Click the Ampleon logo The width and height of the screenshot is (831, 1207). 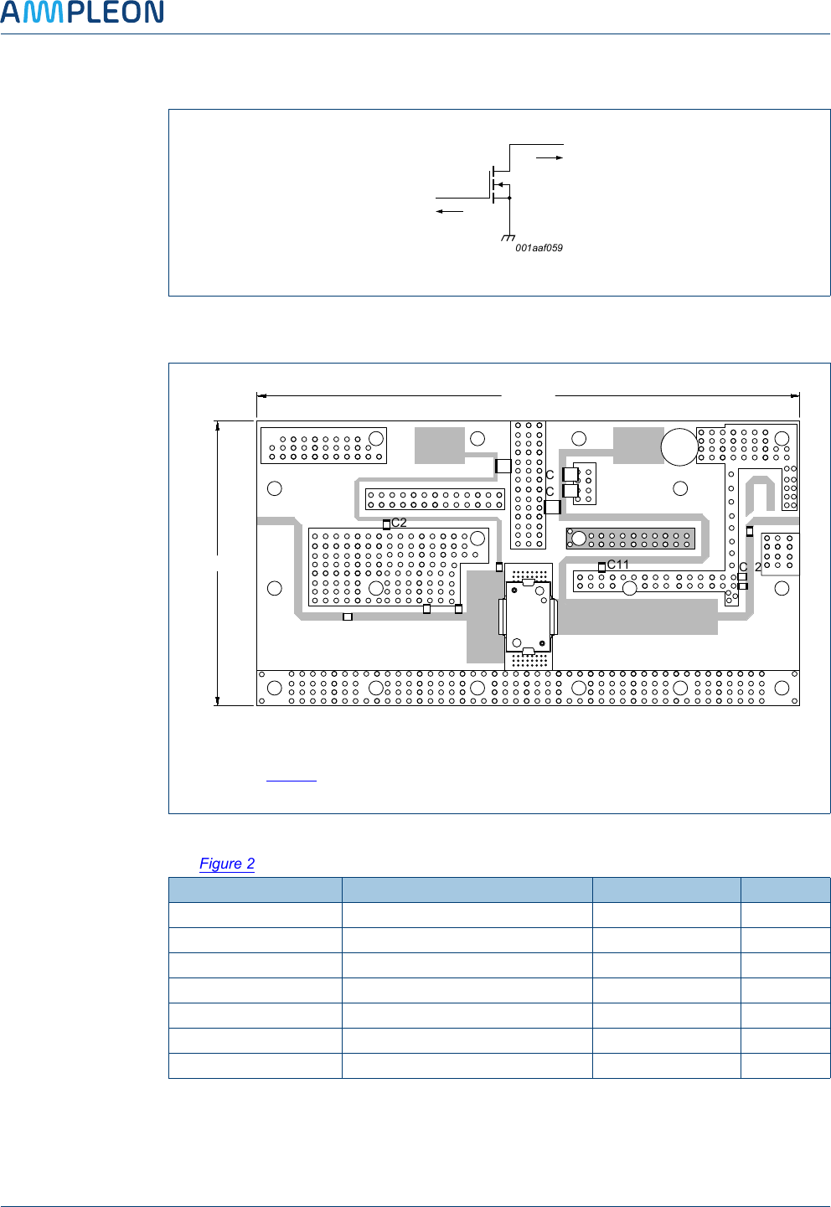(x=82, y=13)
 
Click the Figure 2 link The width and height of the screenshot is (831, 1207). (x=227, y=864)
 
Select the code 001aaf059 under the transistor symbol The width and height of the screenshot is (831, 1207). (x=539, y=248)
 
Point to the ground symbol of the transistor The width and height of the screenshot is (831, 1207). (x=508, y=239)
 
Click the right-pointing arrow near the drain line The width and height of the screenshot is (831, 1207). (x=550, y=157)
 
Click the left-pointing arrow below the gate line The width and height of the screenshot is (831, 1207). (x=449, y=211)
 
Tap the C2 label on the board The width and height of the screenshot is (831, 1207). (x=400, y=523)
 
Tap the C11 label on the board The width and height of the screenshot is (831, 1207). (x=618, y=565)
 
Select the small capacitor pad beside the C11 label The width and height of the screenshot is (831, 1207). (x=601, y=568)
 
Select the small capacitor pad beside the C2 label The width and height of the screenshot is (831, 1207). (x=386, y=525)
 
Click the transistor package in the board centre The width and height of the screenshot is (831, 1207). (x=529, y=616)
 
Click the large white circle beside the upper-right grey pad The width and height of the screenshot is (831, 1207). (x=679, y=446)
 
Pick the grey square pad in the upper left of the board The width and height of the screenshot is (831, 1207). (x=439, y=445)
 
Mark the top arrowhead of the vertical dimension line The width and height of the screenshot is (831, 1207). (x=218, y=426)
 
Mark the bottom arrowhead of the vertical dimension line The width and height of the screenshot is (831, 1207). (x=218, y=700)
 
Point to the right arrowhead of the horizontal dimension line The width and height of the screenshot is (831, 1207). (x=795, y=395)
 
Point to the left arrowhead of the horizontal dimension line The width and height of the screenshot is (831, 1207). (x=261, y=395)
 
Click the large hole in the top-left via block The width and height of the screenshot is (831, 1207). (x=376, y=438)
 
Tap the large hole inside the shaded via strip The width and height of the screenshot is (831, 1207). (x=578, y=538)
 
